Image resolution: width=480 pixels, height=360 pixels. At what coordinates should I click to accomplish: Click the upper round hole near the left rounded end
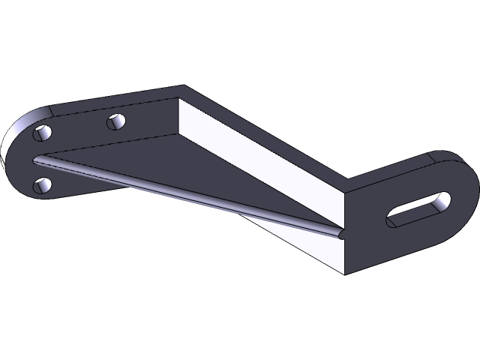click(43, 133)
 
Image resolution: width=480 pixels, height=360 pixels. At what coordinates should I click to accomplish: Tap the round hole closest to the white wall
click(115, 120)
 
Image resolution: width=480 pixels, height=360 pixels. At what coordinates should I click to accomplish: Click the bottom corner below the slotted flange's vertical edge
click(343, 271)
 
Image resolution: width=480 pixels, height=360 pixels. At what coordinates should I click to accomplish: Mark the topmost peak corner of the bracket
click(182, 87)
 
